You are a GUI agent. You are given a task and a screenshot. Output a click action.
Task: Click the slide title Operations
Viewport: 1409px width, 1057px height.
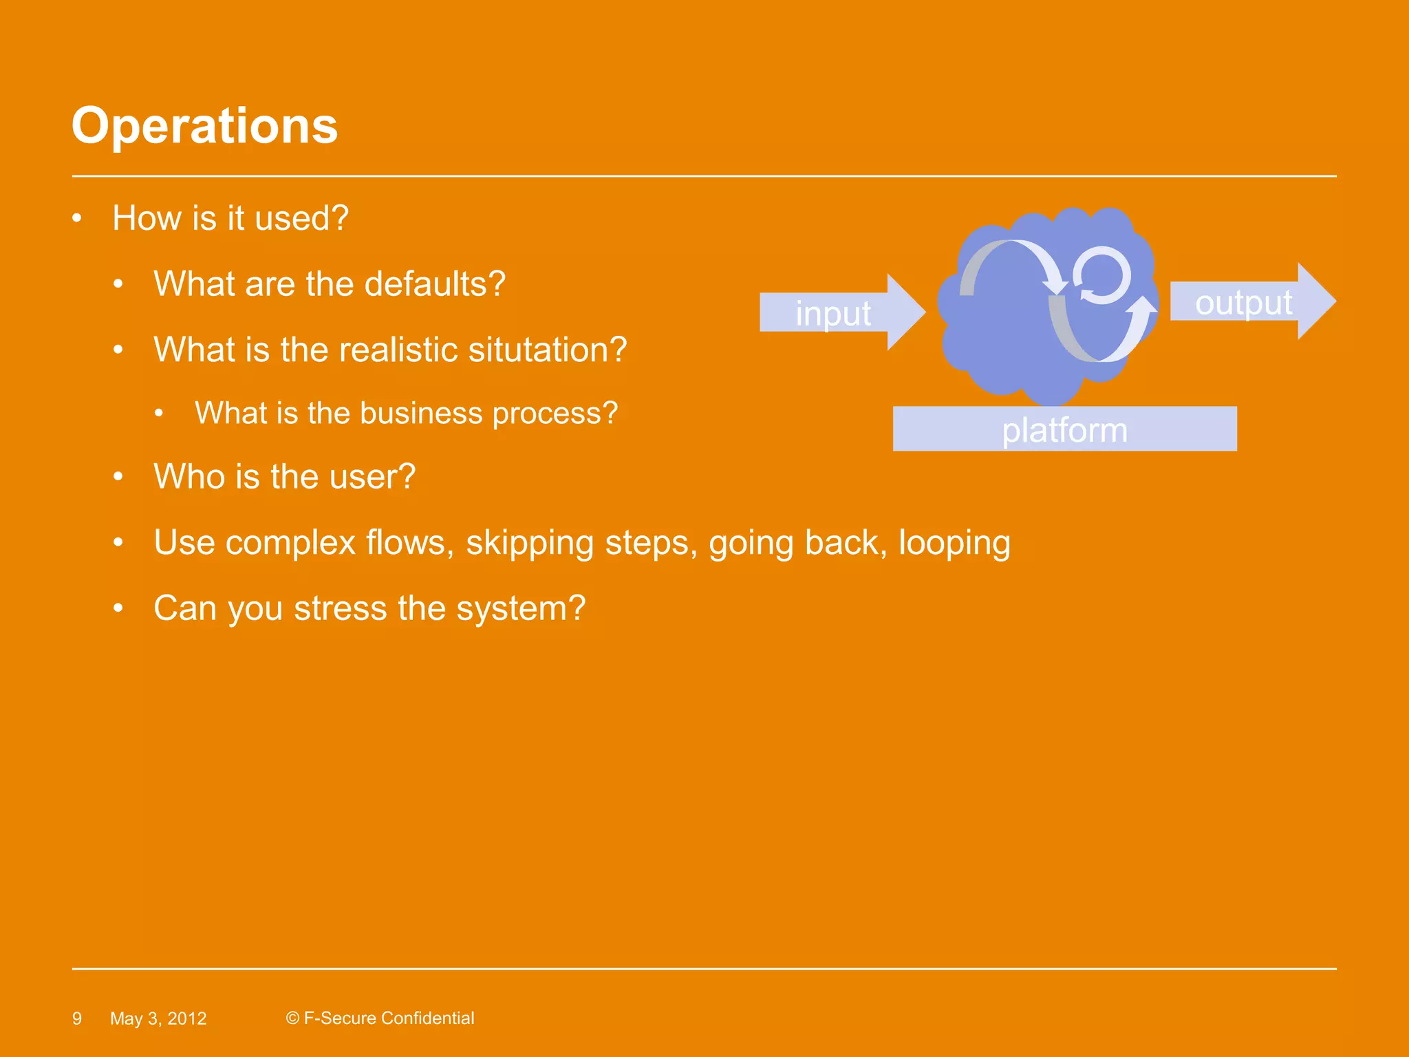click(x=204, y=126)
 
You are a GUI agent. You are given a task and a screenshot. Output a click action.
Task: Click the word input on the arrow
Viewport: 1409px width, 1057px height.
click(x=832, y=313)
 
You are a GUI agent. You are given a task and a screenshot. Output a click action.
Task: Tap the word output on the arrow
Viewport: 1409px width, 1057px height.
click(x=1243, y=303)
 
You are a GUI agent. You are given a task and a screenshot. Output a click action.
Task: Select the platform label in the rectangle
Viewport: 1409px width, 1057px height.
click(x=1064, y=430)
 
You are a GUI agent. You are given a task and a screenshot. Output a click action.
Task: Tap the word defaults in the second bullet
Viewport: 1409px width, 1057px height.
click(x=434, y=284)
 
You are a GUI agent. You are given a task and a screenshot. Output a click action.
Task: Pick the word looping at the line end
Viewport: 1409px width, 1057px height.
click(x=954, y=543)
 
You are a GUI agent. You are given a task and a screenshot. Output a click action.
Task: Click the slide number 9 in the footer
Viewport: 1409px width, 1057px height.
click(x=77, y=1018)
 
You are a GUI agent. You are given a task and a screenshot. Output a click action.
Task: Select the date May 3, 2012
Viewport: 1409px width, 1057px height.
click(x=158, y=1018)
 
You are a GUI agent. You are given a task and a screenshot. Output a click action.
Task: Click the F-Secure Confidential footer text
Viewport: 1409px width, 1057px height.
click(x=389, y=1018)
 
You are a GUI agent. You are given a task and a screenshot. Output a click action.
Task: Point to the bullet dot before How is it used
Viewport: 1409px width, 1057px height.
click(x=77, y=219)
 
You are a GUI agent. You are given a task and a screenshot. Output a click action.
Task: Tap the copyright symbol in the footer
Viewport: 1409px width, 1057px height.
click(x=292, y=1018)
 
